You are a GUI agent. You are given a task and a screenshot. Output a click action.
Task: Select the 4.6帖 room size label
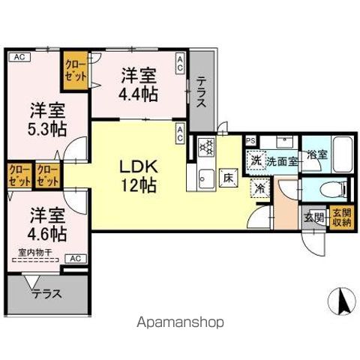coord(47,233)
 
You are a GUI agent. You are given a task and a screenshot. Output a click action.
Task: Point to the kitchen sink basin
coord(205,178)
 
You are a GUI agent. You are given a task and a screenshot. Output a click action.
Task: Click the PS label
coord(250,139)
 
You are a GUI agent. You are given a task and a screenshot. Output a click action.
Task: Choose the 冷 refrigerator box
coord(259,190)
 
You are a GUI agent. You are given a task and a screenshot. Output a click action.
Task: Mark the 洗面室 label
coord(283,160)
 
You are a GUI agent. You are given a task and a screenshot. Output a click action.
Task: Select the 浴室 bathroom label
coord(318,155)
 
